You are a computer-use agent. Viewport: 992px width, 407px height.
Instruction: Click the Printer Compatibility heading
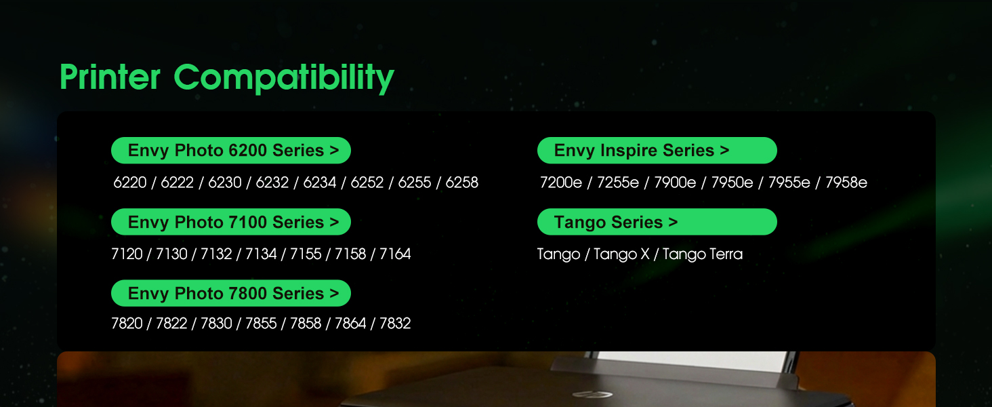(x=227, y=77)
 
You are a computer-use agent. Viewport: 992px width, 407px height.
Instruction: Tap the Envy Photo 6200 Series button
(x=231, y=151)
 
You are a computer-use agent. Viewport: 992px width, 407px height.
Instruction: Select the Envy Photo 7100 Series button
(x=231, y=222)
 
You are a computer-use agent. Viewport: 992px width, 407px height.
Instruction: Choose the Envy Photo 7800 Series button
(x=231, y=293)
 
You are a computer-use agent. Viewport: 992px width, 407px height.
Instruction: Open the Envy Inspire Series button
(x=657, y=151)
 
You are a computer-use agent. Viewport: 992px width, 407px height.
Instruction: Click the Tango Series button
(x=657, y=222)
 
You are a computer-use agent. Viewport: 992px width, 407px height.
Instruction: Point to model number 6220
(x=129, y=182)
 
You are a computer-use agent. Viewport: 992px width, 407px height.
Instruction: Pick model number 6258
(x=461, y=182)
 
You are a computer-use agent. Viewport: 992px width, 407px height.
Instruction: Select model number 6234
(x=319, y=182)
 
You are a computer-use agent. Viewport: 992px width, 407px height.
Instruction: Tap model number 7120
(x=127, y=254)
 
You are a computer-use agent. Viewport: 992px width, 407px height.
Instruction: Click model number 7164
(x=395, y=254)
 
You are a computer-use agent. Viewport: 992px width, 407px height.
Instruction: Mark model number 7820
(x=127, y=323)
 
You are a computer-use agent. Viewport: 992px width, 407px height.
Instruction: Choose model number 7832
(x=395, y=323)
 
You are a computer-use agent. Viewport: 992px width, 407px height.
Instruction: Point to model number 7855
(x=261, y=323)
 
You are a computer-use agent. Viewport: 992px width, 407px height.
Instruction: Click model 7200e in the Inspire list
(x=560, y=182)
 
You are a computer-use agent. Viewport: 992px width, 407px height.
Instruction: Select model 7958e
(x=846, y=182)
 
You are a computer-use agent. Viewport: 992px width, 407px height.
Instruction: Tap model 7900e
(x=675, y=182)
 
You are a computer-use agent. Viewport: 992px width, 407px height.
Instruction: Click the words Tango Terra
(x=703, y=254)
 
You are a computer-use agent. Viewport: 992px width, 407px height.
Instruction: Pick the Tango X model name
(x=621, y=254)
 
